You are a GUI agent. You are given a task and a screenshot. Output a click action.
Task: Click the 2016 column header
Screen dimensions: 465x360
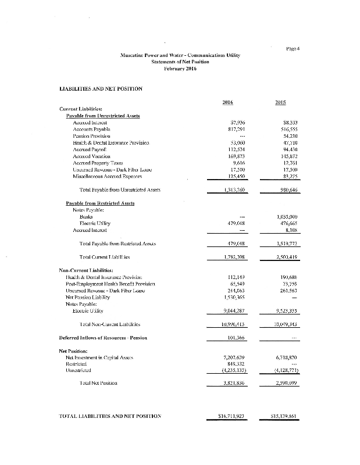point(228,102)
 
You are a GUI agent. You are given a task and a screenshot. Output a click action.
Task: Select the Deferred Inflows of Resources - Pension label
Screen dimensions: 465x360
point(103,338)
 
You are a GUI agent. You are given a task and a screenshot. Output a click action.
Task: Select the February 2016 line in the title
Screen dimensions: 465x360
point(180,69)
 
